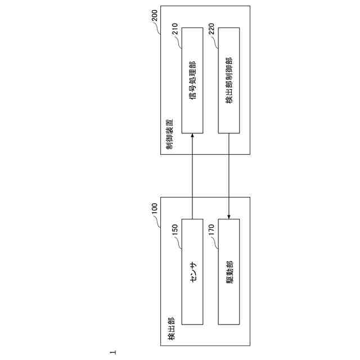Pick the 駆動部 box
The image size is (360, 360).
point(229,272)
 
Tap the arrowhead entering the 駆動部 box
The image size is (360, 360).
point(229,217)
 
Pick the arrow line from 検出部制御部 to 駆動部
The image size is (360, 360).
point(229,174)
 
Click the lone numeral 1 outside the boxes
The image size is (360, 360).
point(113,352)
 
